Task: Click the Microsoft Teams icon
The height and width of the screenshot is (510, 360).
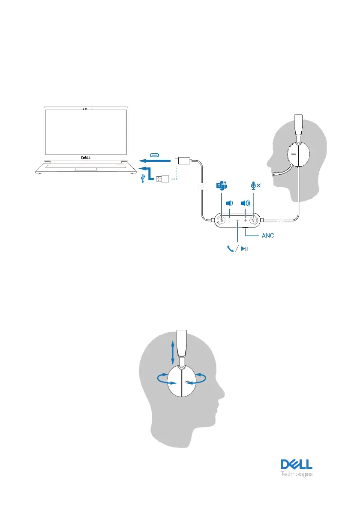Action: pos(222,186)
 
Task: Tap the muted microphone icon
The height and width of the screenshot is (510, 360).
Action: pos(256,186)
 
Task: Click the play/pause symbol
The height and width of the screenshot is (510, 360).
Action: pos(244,248)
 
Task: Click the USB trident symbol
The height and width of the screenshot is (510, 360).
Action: pos(143,180)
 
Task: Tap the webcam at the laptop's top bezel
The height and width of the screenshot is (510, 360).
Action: pos(85,109)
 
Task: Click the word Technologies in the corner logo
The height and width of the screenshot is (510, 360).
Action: pos(296,474)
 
